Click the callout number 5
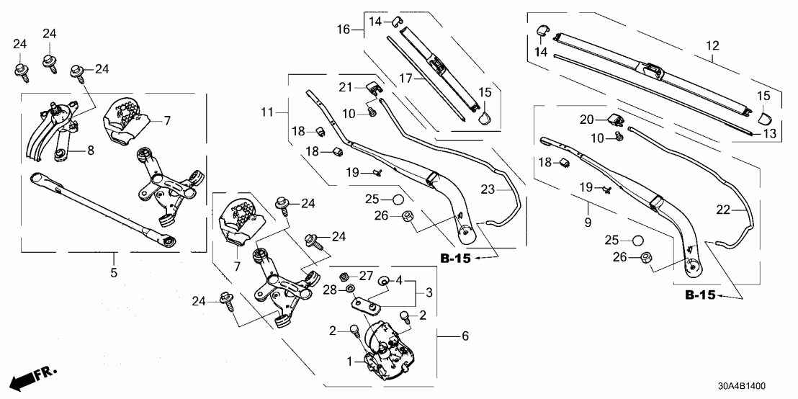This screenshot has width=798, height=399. coord(114,274)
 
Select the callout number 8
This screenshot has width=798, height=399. coord(91,151)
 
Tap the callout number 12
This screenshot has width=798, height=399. coord(712,46)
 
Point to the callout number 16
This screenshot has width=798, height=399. coord(343,30)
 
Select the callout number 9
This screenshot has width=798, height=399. coord(588,223)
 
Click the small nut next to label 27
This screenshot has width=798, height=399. coord(344,276)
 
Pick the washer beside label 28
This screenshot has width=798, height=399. coord(349,290)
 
